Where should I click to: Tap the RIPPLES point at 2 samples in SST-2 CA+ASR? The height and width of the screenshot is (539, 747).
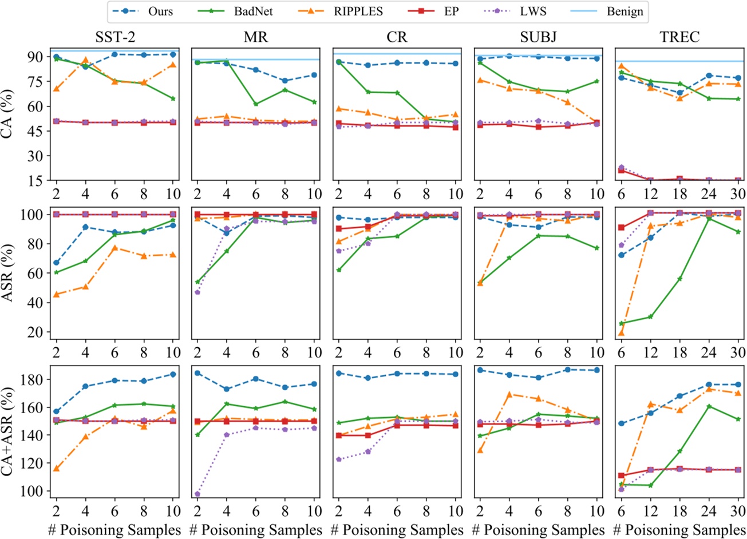56,469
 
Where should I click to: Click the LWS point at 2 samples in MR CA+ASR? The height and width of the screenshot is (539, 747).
197,494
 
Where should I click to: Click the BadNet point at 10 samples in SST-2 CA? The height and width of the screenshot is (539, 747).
173,98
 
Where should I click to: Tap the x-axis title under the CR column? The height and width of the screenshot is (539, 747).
397,529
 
